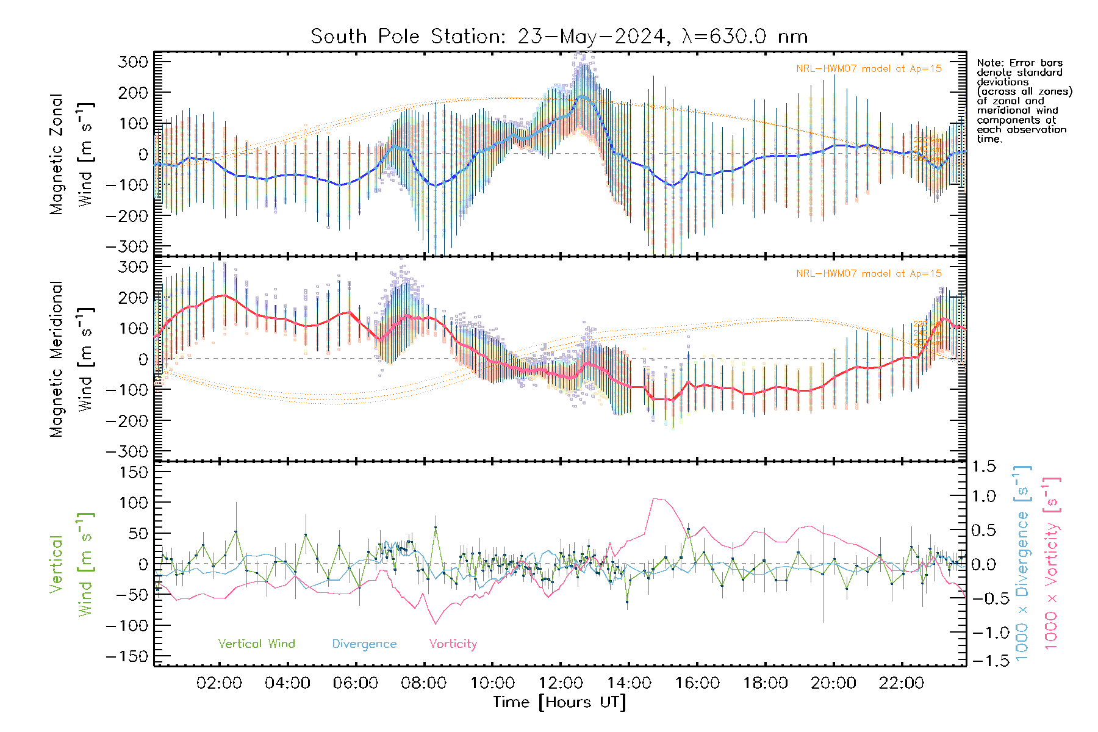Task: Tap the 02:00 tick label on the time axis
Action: point(219,683)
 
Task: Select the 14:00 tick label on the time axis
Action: point(629,683)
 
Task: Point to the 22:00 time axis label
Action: point(902,683)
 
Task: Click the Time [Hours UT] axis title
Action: point(559,702)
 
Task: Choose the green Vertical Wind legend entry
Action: point(256,644)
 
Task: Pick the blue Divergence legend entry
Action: point(364,644)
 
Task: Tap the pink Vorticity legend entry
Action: point(453,644)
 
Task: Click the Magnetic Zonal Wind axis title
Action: point(72,154)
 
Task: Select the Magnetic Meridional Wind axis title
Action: point(72,359)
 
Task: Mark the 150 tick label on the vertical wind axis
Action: point(132,472)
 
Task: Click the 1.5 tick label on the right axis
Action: point(983,467)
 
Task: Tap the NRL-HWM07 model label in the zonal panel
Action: point(869,69)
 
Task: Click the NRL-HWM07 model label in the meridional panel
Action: point(869,274)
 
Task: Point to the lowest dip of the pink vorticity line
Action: point(436,623)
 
